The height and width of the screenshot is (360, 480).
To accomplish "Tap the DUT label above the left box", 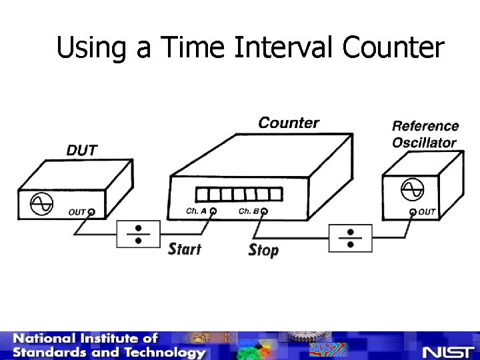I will (x=81, y=150).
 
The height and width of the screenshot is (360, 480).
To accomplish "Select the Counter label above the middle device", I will (x=288, y=123).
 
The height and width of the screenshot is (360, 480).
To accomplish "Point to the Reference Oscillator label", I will (x=425, y=134).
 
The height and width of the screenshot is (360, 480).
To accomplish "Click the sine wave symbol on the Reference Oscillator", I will (x=412, y=190).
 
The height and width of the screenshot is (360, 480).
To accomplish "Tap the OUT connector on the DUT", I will (x=91, y=213).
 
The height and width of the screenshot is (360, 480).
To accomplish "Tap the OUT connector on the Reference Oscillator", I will (x=413, y=213).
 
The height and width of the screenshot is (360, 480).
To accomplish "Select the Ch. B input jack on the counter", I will (x=264, y=212).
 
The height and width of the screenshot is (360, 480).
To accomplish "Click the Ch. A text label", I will (x=196, y=211).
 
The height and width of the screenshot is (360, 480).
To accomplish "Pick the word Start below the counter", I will (x=185, y=249).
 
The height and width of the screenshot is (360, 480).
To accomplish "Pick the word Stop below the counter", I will (x=263, y=251).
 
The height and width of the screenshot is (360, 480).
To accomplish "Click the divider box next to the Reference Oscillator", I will (x=350, y=238).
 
